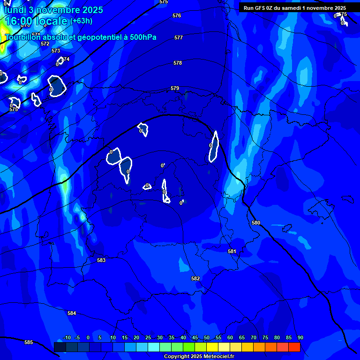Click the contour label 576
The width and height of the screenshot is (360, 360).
click(x=177, y=15)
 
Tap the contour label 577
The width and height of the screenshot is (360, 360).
click(x=179, y=37)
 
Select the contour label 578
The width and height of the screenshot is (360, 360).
click(x=178, y=63)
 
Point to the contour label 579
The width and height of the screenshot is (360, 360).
click(x=175, y=88)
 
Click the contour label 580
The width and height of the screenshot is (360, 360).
click(x=256, y=223)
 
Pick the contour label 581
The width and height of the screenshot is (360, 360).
click(x=232, y=251)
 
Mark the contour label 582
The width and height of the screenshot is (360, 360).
click(x=195, y=278)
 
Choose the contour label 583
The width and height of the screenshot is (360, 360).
click(x=101, y=260)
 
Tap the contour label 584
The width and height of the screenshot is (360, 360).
click(x=72, y=313)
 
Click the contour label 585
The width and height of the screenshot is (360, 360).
click(x=29, y=342)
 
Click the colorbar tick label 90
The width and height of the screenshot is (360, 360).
click(x=300, y=337)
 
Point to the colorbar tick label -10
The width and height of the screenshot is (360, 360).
click(x=67, y=337)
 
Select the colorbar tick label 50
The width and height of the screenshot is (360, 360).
click(x=207, y=337)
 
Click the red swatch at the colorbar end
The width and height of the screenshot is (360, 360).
click(x=294, y=347)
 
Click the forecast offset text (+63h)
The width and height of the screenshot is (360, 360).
click(x=81, y=21)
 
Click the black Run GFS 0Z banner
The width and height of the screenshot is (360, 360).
click(x=294, y=7)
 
